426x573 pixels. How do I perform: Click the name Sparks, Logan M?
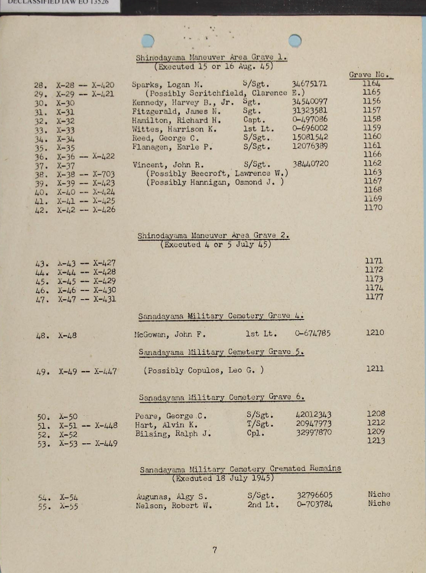pos(167,85)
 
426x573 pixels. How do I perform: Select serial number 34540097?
pos(309,102)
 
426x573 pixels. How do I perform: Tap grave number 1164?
pos(371,83)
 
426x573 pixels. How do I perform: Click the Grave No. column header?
pos(370,75)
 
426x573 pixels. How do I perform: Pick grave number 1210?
pos(375,333)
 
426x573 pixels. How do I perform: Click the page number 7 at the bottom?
pos(215,550)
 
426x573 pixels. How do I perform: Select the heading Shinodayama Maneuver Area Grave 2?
pos(213,236)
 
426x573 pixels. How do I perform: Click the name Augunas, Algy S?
pos(172,497)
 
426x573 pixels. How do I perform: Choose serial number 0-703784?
pos(314,505)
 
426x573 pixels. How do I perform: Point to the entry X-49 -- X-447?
pos(87,372)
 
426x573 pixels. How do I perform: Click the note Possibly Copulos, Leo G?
pos(204,370)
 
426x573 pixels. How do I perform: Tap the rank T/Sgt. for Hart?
pos(260,424)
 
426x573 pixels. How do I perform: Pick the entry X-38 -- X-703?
pos(86,175)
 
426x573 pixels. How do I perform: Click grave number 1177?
pos(374,297)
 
